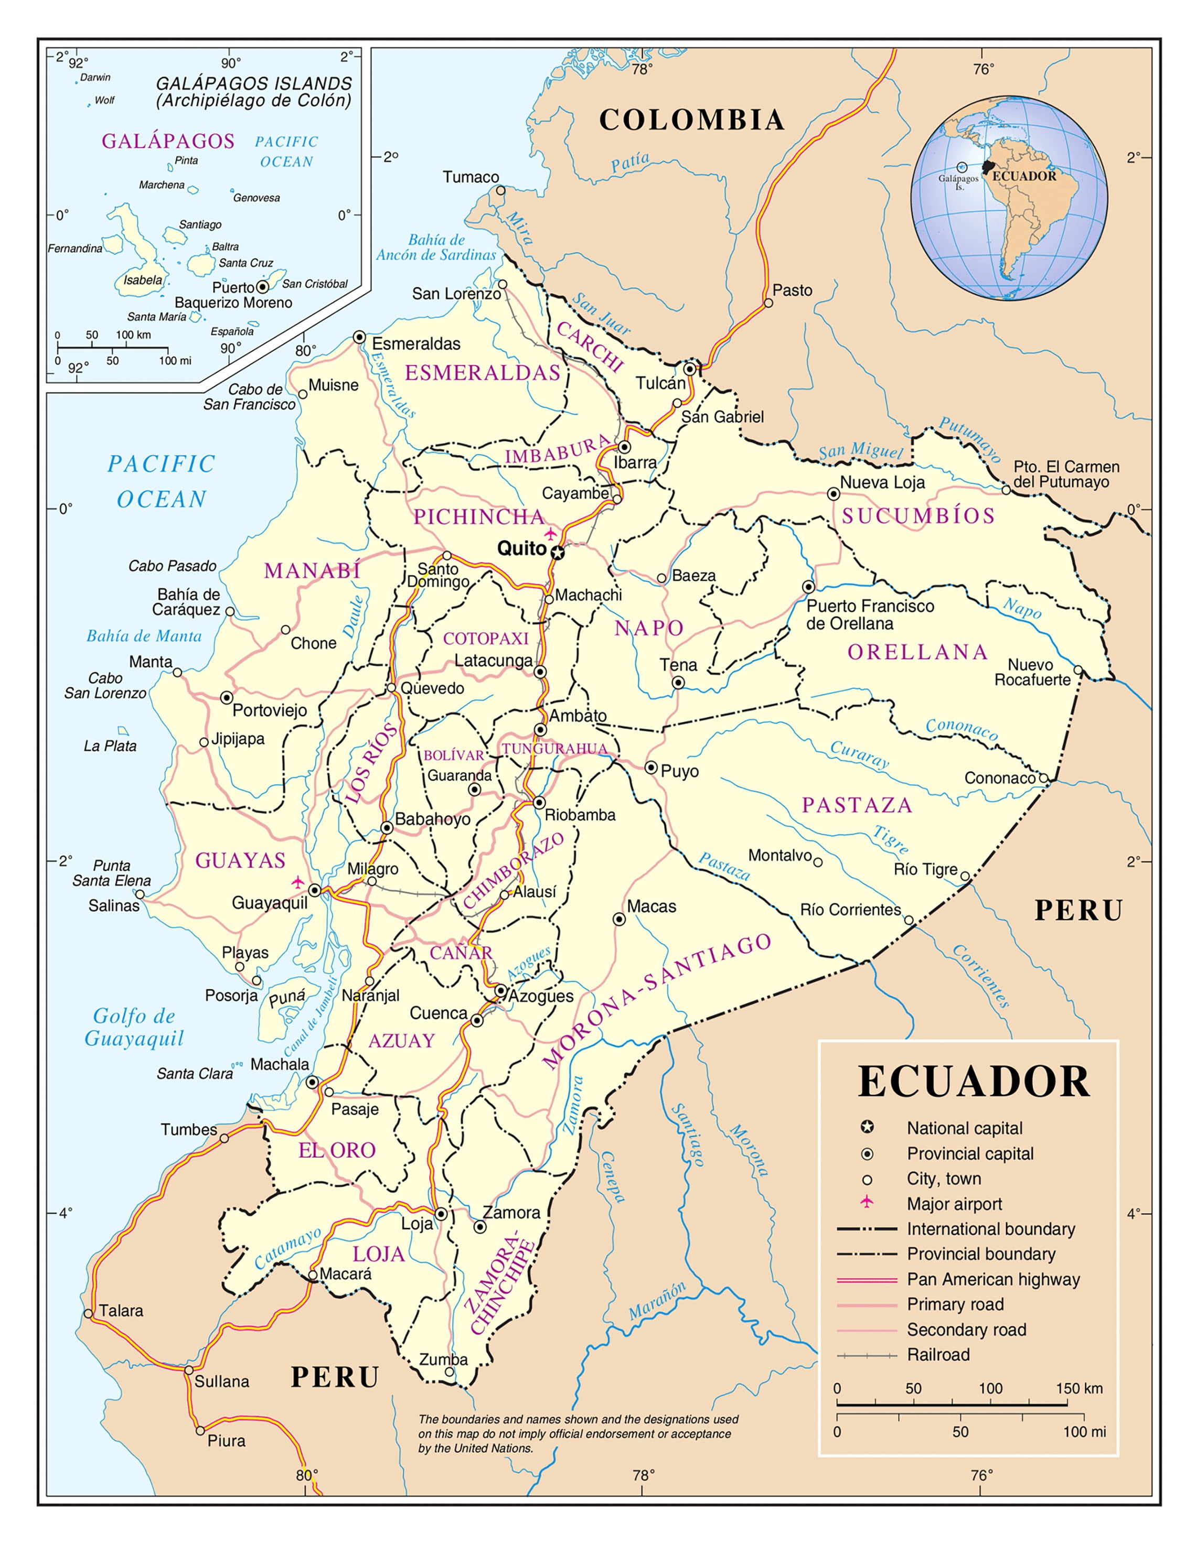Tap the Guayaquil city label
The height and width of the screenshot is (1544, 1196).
click(x=270, y=903)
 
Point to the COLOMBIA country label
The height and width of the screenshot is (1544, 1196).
click(x=692, y=120)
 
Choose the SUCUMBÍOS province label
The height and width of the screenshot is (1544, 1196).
click(x=918, y=516)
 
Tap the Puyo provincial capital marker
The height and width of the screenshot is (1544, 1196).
click(x=650, y=768)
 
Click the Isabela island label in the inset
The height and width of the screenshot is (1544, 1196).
click(x=143, y=280)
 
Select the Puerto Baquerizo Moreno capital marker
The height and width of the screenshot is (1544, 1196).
click(x=262, y=287)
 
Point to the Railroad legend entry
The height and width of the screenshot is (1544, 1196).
click(x=938, y=1355)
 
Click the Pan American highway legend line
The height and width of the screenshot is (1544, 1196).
click(x=867, y=1280)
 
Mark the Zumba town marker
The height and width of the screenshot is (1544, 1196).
click(x=449, y=1372)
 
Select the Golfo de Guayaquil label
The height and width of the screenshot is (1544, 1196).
click(x=134, y=1027)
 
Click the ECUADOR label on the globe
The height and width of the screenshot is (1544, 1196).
click(x=1023, y=176)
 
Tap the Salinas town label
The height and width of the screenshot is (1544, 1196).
click(x=114, y=905)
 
